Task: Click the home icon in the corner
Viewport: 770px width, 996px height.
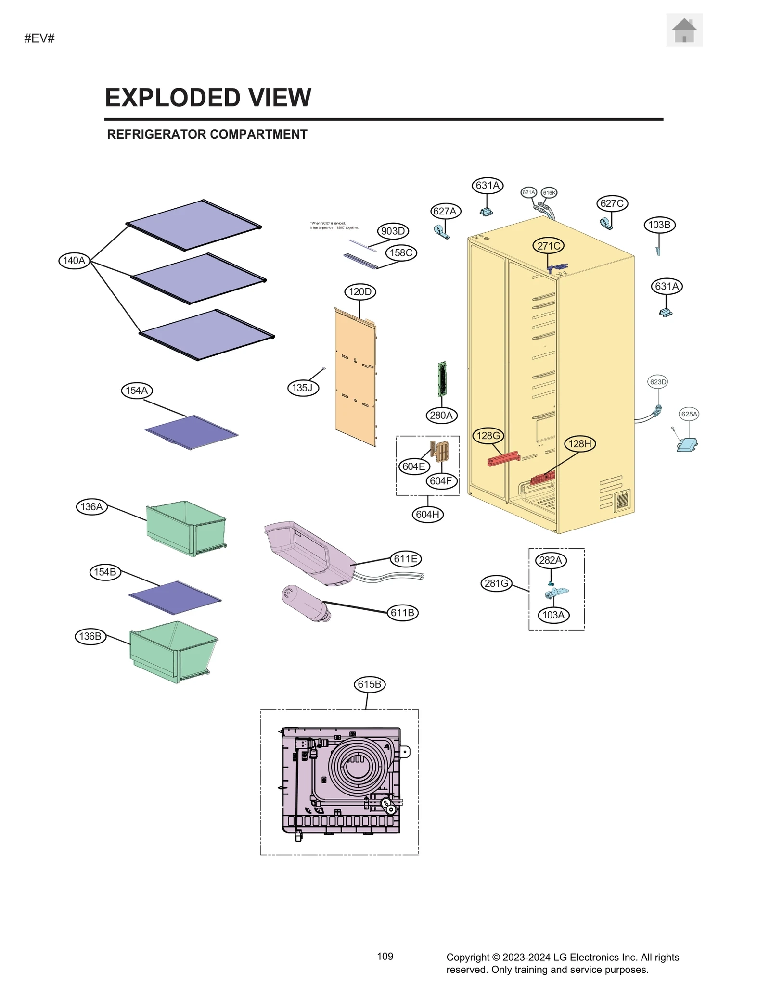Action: [684, 30]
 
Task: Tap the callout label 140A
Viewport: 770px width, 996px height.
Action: [74, 261]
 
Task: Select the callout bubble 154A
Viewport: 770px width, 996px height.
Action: [136, 391]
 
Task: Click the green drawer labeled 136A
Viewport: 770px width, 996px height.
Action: [186, 528]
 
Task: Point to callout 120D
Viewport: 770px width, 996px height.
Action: [360, 292]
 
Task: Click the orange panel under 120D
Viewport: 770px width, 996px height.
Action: [355, 380]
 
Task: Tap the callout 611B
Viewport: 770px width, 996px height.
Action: [402, 613]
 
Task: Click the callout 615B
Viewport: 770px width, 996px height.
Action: [370, 684]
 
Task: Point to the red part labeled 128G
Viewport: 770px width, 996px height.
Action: [503, 458]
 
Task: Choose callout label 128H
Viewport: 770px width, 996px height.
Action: [579, 444]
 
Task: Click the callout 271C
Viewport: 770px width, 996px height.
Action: [548, 246]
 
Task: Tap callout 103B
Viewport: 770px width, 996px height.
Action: [659, 225]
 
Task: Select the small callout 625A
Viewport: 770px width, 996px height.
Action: [689, 414]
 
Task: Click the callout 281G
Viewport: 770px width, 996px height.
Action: [496, 583]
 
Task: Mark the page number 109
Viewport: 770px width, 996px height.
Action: [385, 957]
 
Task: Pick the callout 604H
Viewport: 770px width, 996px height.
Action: [427, 515]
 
